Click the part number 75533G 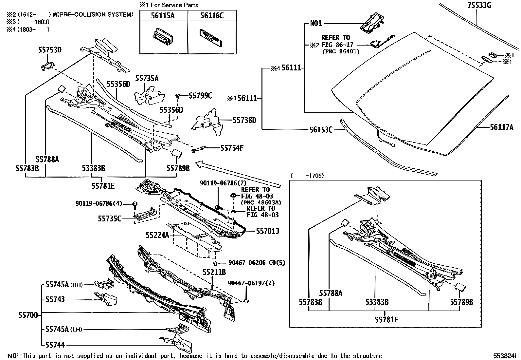[x=479, y=5]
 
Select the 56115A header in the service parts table [x=163, y=16]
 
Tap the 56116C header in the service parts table [x=212, y=16]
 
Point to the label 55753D [x=50, y=50]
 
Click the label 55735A [x=147, y=79]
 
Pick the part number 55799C [x=200, y=96]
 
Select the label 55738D [x=244, y=120]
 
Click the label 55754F [x=232, y=148]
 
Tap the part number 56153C [x=321, y=130]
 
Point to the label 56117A [x=502, y=127]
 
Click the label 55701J [x=267, y=231]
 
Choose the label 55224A [x=157, y=235]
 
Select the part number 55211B [x=214, y=272]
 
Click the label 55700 [x=28, y=315]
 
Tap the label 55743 [x=55, y=299]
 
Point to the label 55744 [x=55, y=345]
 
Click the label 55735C [x=110, y=219]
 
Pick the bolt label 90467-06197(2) [x=251, y=283]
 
